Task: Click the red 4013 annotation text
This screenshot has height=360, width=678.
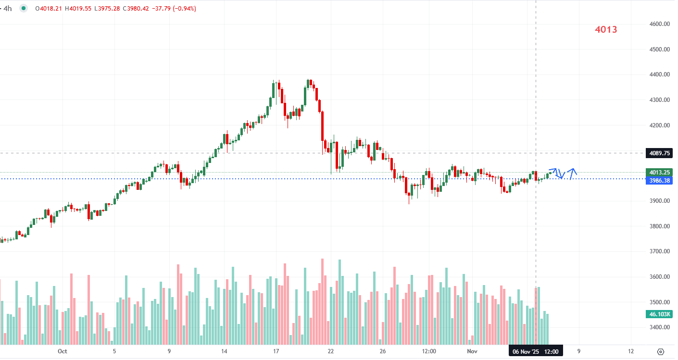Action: pos(606,29)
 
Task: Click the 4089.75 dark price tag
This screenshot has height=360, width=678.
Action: pos(659,153)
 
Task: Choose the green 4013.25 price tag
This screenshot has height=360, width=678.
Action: pos(659,172)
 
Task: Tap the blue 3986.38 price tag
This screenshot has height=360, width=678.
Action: pos(659,181)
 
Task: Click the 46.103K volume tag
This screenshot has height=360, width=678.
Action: pos(659,314)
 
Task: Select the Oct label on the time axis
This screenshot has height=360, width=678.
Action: pos(62,351)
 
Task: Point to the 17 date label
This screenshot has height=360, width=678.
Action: pos(276,351)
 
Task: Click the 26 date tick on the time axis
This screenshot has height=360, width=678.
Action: pos(382,351)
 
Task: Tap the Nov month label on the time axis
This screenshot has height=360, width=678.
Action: pos(473,351)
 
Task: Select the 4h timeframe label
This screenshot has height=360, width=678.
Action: pos(7,8)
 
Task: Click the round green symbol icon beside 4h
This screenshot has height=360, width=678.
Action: pos(24,8)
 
